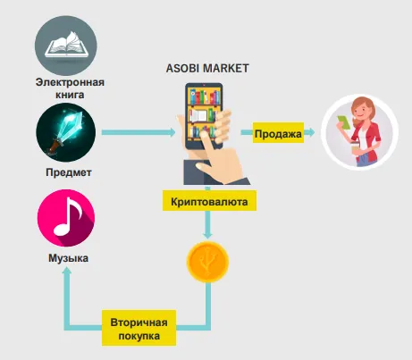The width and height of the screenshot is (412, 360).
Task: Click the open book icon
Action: pyautogui.click(x=66, y=46)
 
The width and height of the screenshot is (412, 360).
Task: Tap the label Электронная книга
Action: pyautogui.click(x=70, y=88)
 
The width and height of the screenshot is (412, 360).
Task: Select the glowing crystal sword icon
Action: pyautogui.click(x=66, y=132)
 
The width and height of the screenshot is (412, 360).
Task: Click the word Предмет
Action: pyautogui.click(x=69, y=172)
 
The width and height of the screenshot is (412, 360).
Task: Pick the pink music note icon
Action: pyautogui.click(x=66, y=218)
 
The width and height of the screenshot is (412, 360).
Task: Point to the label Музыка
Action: pyautogui.click(x=68, y=258)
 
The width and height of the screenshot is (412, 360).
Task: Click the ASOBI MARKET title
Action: pyautogui.click(x=207, y=68)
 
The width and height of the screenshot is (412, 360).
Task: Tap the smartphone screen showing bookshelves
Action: pyautogui.click(x=204, y=115)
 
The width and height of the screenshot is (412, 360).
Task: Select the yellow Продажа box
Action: pyautogui.click(x=278, y=132)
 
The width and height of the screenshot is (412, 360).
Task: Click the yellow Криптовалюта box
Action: pyautogui.click(x=209, y=201)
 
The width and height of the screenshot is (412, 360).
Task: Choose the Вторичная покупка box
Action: pyautogui.click(x=139, y=328)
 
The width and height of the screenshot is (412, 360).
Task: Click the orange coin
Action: pyautogui.click(x=207, y=262)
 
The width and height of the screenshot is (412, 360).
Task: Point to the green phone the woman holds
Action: pyautogui.click(x=344, y=121)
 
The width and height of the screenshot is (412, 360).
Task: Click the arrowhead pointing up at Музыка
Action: pyautogui.click(x=67, y=272)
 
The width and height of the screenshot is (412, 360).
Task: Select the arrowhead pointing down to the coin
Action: pyautogui.click(x=207, y=235)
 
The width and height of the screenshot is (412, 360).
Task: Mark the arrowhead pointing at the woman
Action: pyautogui.click(x=311, y=132)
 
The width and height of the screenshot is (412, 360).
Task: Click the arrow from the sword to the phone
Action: pyautogui.click(x=139, y=132)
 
